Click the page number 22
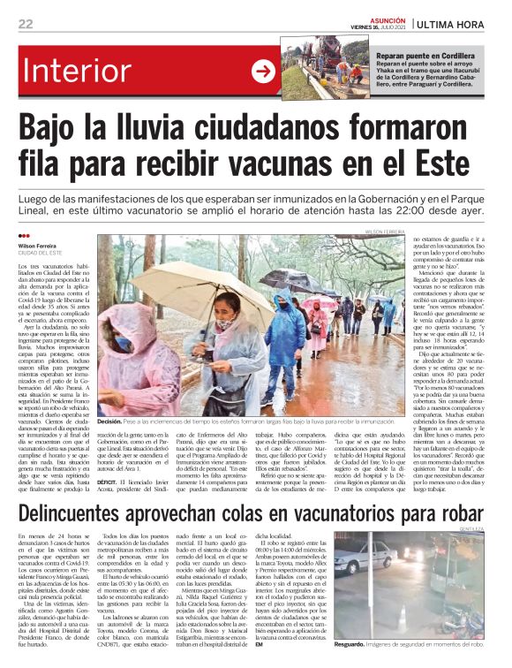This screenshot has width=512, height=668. [x=26, y=24]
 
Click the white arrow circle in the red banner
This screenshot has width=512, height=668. [x=263, y=72]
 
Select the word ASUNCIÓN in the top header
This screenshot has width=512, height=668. [x=385, y=19]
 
